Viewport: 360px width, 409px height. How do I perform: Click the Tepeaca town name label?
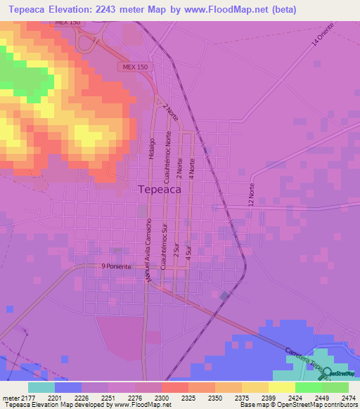click(x=160, y=189)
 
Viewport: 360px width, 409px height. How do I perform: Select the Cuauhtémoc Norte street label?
click(x=168, y=155)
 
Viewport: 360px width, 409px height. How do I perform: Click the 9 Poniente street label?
click(x=116, y=266)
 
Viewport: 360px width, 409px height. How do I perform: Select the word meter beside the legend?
click(x=9, y=398)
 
